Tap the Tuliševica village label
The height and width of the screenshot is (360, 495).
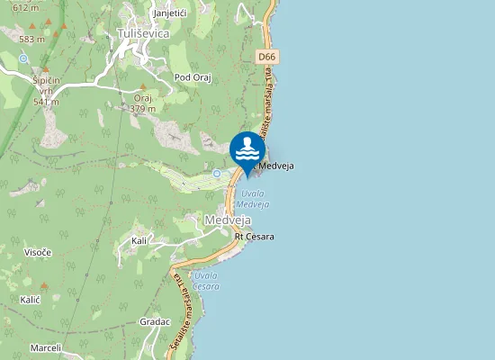pyautogui.click(x=143, y=33)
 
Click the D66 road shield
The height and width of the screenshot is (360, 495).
pyautogui.click(x=266, y=57)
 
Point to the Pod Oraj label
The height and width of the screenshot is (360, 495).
pyautogui.click(x=192, y=77)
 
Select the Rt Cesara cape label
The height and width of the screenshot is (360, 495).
pyautogui.click(x=254, y=237)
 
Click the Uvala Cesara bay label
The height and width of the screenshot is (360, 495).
pyautogui.click(x=206, y=281)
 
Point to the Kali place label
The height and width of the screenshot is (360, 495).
pyautogui.click(x=139, y=241)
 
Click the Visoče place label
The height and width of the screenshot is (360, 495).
pyautogui.click(x=37, y=252)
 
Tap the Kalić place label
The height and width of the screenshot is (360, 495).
pyautogui.click(x=30, y=298)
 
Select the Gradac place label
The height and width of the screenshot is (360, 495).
pyautogui.click(x=155, y=321)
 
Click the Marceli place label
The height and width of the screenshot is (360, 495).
pyautogui.click(x=45, y=347)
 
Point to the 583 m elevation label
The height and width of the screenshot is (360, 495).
pyautogui.click(x=31, y=39)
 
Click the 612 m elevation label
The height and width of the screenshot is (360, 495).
pyautogui.click(x=26, y=7)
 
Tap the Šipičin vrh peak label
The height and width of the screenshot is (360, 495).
pyautogui.click(x=46, y=90)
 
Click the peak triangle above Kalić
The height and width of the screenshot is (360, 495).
pyautogui.click(x=43, y=285)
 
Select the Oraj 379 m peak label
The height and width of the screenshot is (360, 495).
pyautogui.click(x=143, y=103)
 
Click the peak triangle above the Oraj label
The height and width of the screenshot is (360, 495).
pyautogui.click(x=142, y=87)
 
